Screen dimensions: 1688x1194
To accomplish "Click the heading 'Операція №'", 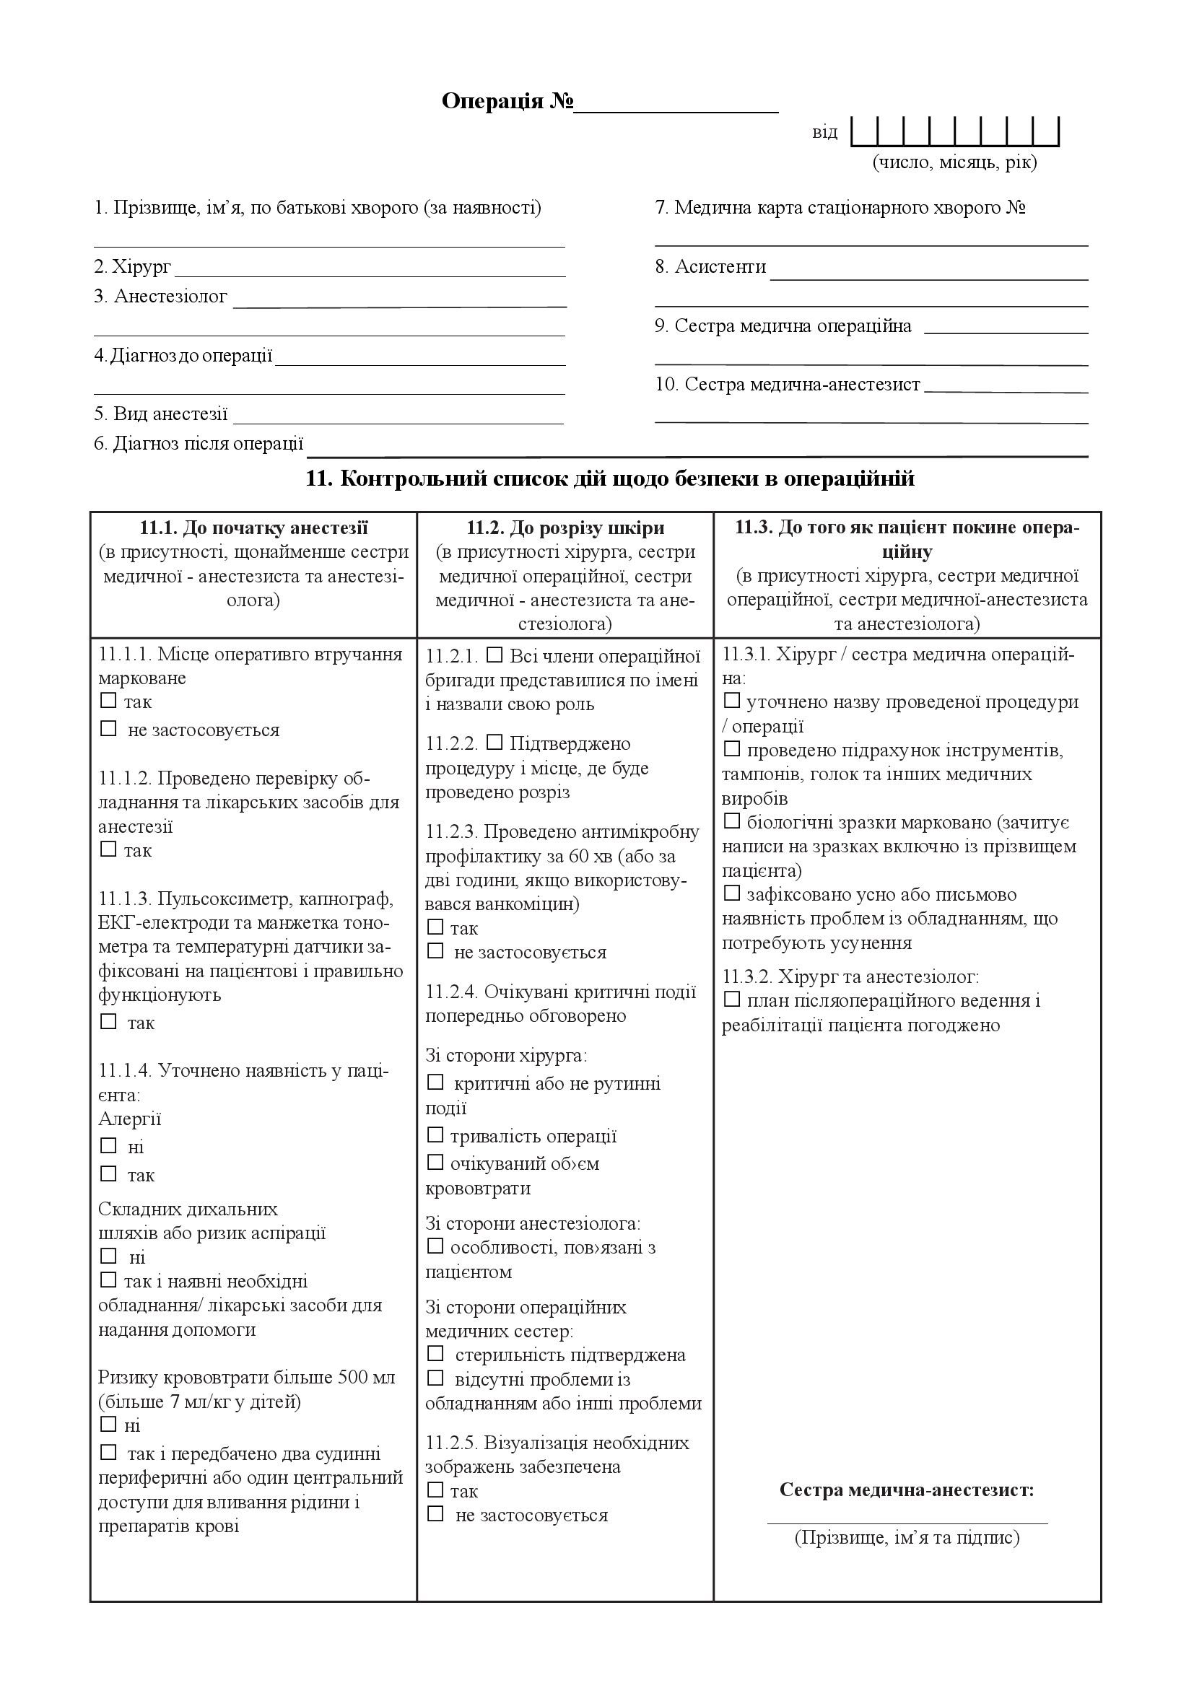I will (x=507, y=102).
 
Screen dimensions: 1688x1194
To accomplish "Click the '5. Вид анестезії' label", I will (x=161, y=414).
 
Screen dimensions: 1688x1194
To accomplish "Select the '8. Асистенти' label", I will (x=711, y=267).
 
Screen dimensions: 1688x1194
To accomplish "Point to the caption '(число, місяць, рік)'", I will (x=954, y=162).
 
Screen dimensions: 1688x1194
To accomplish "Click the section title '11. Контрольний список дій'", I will (x=609, y=479).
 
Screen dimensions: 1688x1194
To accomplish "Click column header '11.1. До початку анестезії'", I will (x=253, y=528).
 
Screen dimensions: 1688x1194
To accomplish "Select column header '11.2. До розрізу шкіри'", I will (x=565, y=528).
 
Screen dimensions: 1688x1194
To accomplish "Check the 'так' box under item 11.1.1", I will (x=109, y=701).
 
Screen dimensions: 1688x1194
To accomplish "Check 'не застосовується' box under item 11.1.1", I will (x=109, y=729).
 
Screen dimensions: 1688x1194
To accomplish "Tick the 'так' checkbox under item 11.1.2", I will (x=109, y=849).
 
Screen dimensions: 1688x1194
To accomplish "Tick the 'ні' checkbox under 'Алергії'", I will (x=109, y=1145).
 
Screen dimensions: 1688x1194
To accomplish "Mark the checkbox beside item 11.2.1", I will (x=494, y=655).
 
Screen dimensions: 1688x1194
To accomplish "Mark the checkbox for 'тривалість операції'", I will (x=435, y=1135).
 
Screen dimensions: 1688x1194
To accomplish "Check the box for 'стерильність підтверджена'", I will (x=435, y=1352).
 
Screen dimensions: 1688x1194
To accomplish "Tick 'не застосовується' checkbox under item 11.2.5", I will (x=435, y=1513).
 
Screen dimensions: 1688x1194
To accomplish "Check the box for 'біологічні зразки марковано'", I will (x=732, y=821).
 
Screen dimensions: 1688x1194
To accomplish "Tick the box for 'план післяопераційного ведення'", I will (x=732, y=1000).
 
